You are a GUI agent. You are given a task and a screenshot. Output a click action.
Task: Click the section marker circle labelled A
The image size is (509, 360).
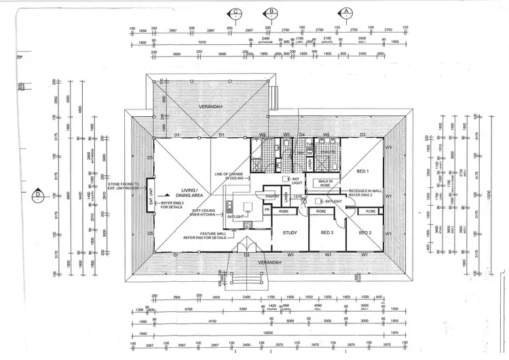346,12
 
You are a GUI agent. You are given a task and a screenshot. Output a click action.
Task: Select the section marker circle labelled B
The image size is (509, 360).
271,12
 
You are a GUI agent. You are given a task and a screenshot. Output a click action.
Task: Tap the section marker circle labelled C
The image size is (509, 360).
235,12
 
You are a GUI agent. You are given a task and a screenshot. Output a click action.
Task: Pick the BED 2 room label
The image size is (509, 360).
364,232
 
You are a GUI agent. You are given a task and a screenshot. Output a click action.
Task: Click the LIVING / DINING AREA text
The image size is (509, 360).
188,193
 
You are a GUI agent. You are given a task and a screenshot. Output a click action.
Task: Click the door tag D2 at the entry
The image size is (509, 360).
246,255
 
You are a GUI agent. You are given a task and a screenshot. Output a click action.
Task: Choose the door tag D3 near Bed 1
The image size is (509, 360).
362,135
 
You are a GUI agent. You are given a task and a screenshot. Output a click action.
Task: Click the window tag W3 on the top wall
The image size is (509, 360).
287,135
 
